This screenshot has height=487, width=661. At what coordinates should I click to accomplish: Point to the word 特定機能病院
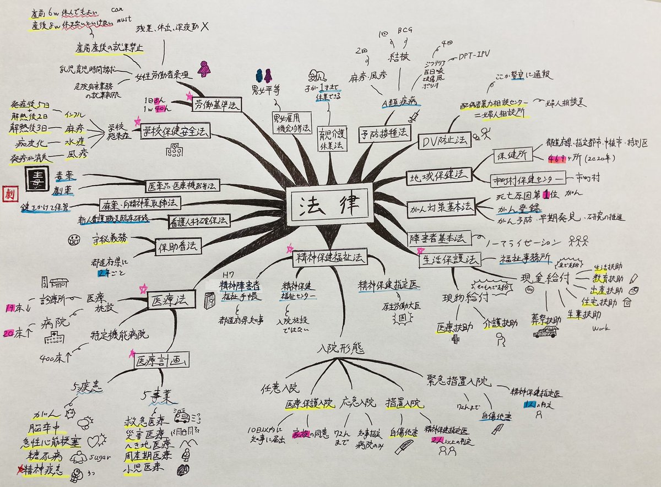118,334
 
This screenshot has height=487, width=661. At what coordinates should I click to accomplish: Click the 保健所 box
512,155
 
